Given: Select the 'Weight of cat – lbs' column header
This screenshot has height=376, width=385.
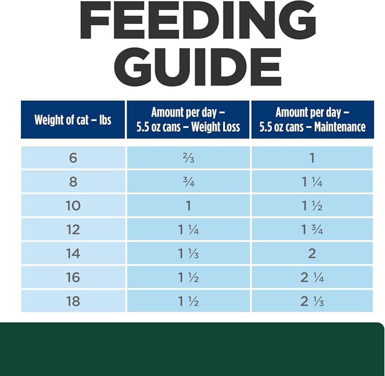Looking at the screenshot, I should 73,120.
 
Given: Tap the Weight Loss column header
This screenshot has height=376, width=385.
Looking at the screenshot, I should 188,120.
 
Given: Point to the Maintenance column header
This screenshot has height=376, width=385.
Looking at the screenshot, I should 312,120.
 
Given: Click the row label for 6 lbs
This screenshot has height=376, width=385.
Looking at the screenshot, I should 73,158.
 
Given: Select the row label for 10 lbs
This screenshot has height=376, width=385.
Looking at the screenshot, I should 73,206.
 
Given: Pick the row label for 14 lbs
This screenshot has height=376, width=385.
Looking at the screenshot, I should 73,253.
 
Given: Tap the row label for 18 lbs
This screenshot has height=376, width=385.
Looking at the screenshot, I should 73,301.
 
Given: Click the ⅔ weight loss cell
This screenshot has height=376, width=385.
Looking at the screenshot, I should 188,158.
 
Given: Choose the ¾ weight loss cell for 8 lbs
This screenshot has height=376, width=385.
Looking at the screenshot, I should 188,182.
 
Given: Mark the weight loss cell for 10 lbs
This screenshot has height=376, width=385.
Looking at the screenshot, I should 188,206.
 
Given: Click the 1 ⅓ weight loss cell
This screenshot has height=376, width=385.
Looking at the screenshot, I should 188,253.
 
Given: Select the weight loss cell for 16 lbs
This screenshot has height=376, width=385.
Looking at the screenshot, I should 188,277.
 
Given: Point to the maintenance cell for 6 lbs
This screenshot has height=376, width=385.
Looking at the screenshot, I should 312,158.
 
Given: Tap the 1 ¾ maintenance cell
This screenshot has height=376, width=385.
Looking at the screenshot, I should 312,229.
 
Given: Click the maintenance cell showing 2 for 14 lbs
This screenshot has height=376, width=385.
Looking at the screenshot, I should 312,253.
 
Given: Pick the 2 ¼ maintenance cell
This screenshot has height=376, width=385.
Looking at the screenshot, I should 312,277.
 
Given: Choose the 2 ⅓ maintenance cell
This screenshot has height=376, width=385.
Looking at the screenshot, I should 312,301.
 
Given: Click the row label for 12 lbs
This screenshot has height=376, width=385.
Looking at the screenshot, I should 73,229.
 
